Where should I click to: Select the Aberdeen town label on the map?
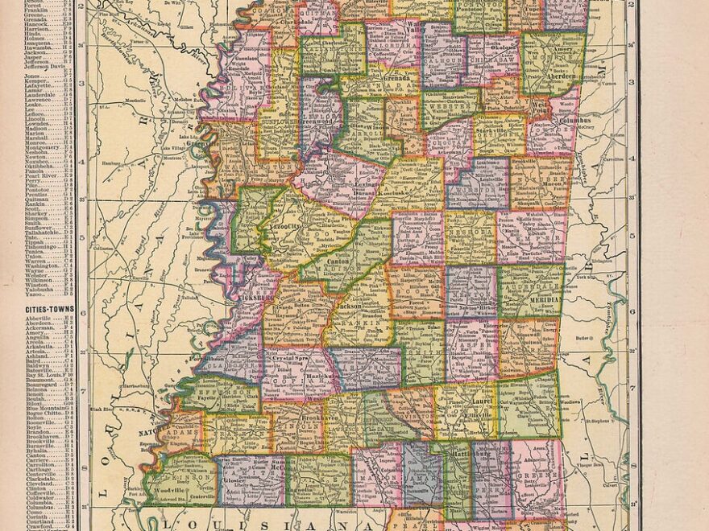click(x=556, y=70)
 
